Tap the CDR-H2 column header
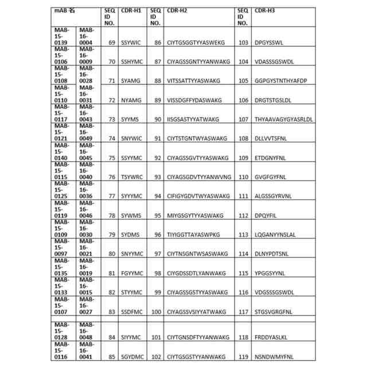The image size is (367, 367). point(177,10)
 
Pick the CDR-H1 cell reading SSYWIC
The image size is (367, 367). point(131,42)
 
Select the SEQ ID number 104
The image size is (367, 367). point(243,61)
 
